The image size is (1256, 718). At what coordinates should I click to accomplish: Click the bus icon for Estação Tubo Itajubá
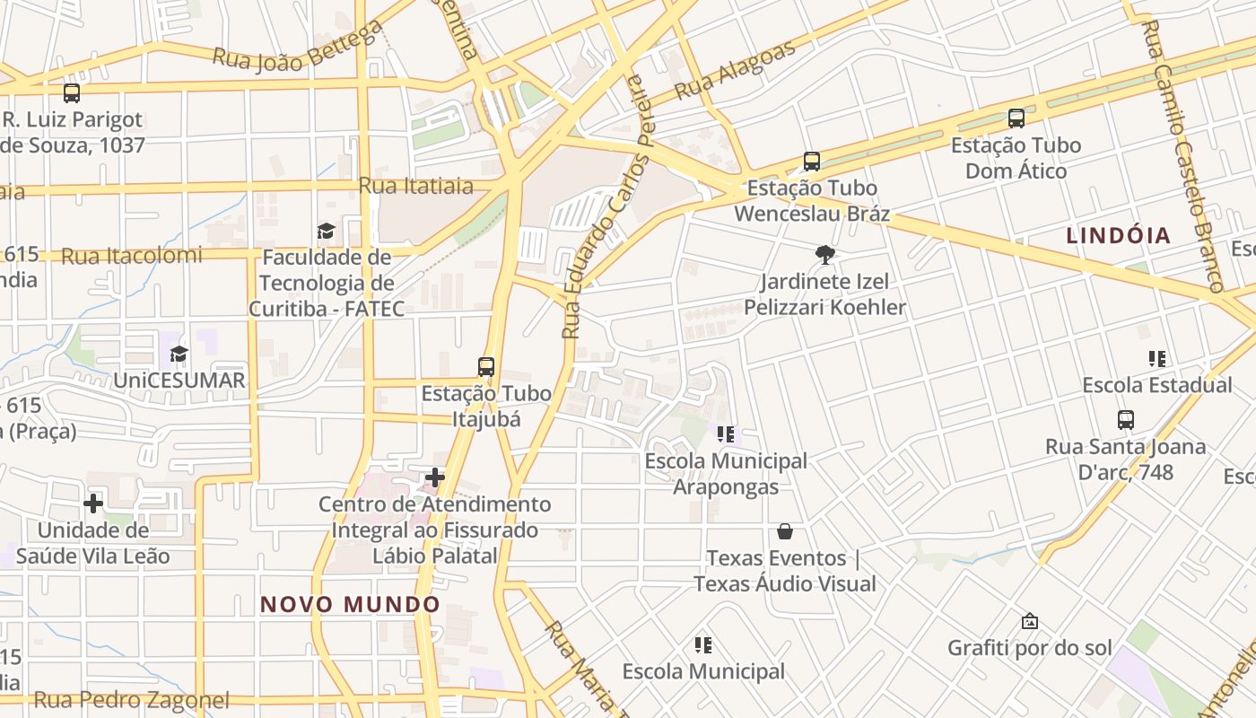[486, 366]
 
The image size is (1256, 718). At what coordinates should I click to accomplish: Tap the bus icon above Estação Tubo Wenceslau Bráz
[812, 162]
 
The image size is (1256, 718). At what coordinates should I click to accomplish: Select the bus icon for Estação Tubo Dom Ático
[1016, 118]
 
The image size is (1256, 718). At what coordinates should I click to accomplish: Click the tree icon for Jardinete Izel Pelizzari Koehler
[825, 255]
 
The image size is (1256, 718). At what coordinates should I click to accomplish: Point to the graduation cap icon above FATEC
[326, 231]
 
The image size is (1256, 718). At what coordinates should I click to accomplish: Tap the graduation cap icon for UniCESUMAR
[179, 354]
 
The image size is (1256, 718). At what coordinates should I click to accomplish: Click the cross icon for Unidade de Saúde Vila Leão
[92, 503]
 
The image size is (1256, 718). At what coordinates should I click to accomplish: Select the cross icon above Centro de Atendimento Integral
[435, 477]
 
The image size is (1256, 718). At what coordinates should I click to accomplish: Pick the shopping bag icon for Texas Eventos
[785, 531]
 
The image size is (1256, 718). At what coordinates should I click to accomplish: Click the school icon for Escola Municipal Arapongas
[727, 434]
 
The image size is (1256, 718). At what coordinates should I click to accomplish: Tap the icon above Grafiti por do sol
[1030, 621]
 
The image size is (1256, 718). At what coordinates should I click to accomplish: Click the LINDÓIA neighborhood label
[1119, 236]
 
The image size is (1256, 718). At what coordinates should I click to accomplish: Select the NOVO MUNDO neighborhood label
[350, 604]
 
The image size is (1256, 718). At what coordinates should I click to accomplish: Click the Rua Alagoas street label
[735, 70]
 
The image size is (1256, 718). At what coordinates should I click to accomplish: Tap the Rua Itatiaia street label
[416, 186]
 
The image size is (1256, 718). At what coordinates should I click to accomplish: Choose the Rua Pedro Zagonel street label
[132, 700]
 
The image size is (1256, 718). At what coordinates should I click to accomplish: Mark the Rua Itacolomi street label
[132, 256]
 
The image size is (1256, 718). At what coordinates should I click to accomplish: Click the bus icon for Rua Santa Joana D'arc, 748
[1126, 419]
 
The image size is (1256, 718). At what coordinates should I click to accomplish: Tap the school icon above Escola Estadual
[1157, 359]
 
